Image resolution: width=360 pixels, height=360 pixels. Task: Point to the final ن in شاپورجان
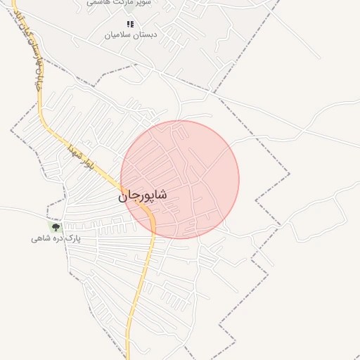123,198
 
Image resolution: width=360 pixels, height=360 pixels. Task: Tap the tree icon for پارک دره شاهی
56,226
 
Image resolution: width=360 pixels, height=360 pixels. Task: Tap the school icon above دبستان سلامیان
130,25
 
